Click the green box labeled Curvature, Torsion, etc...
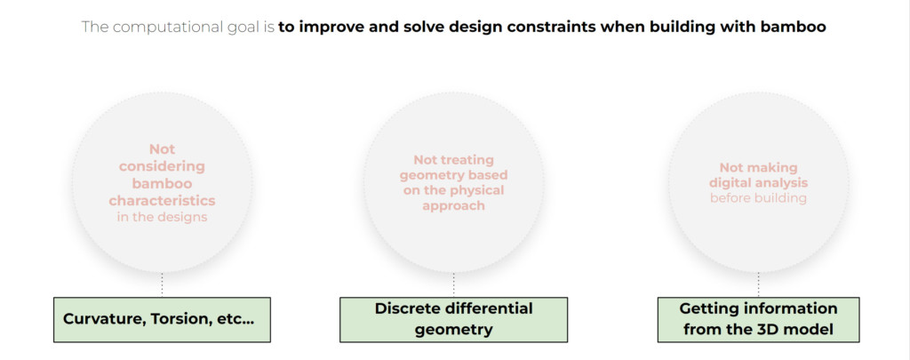coord(162,319)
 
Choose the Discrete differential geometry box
coord(453,319)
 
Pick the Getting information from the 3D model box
coord(758,319)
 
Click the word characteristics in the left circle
coord(162,201)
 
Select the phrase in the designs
coord(162,217)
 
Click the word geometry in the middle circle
coord(428,175)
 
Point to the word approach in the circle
coord(453,205)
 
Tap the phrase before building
coord(758,198)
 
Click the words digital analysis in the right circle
coord(758,183)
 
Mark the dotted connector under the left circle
coord(162,284)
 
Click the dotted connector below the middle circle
coord(453,284)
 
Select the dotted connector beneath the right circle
coord(758,284)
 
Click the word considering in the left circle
coord(162,166)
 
